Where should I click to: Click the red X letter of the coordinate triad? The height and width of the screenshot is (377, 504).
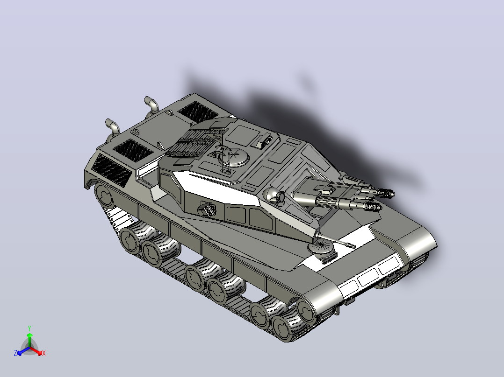point(44,353)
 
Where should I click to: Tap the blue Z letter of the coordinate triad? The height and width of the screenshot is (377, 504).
point(15,353)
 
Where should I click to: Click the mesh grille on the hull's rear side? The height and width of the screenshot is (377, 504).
point(112,170)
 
